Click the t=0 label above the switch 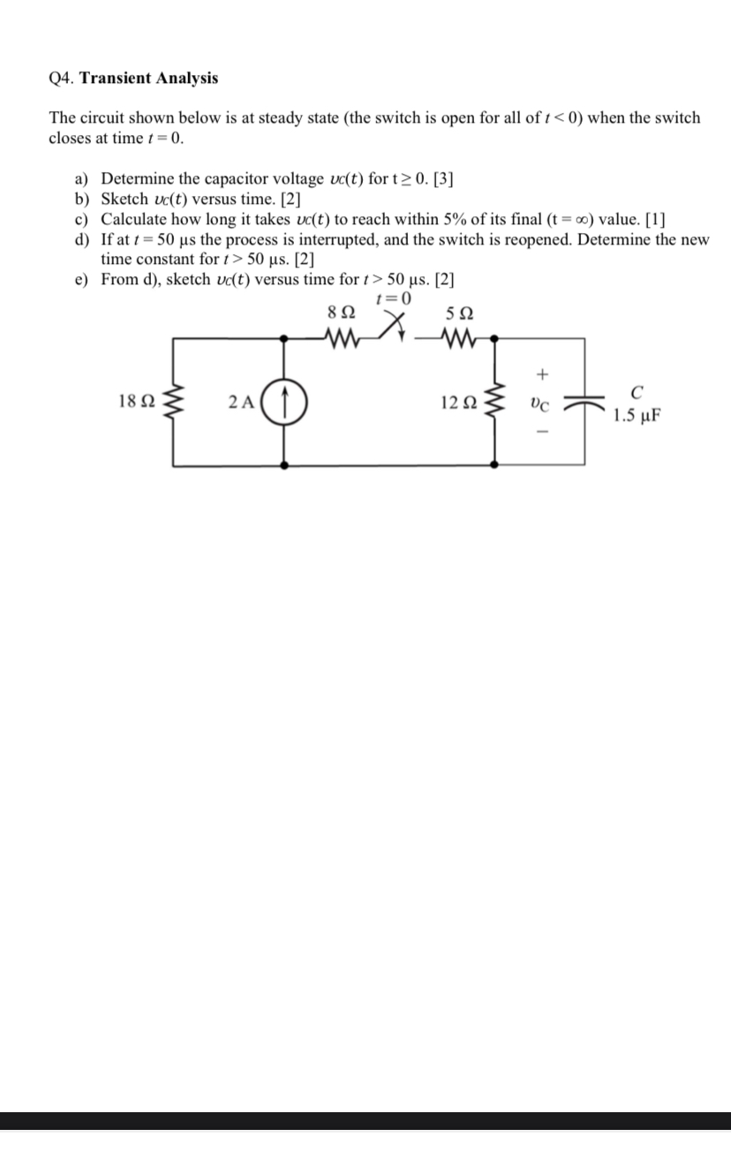click(394, 297)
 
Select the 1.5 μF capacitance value click(637, 415)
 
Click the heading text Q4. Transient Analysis click(133, 79)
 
